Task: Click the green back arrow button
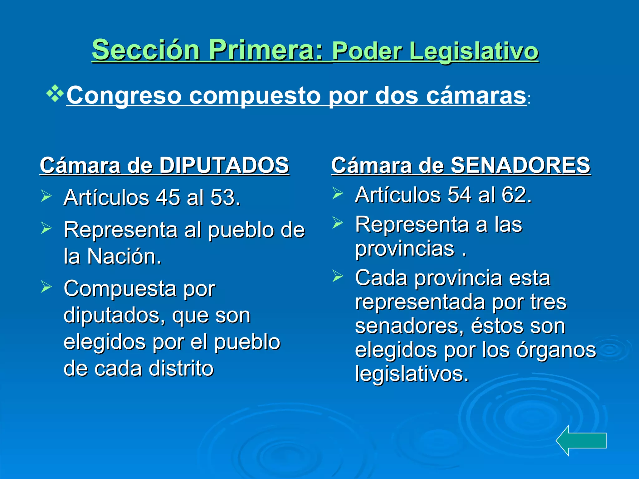click(x=581, y=440)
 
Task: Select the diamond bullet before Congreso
click(x=55, y=93)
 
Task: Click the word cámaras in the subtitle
click(x=476, y=95)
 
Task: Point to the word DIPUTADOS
click(x=224, y=165)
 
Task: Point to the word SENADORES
click(x=520, y=165)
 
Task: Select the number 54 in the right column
click(x=459, y=195)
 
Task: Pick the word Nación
click(x=124, y=256)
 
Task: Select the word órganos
click(x=556, y=350)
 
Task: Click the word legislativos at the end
click(x=412, y=374)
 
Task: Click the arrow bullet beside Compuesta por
click(x=46, y=287)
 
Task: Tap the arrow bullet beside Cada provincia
click(x=338, y=276)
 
